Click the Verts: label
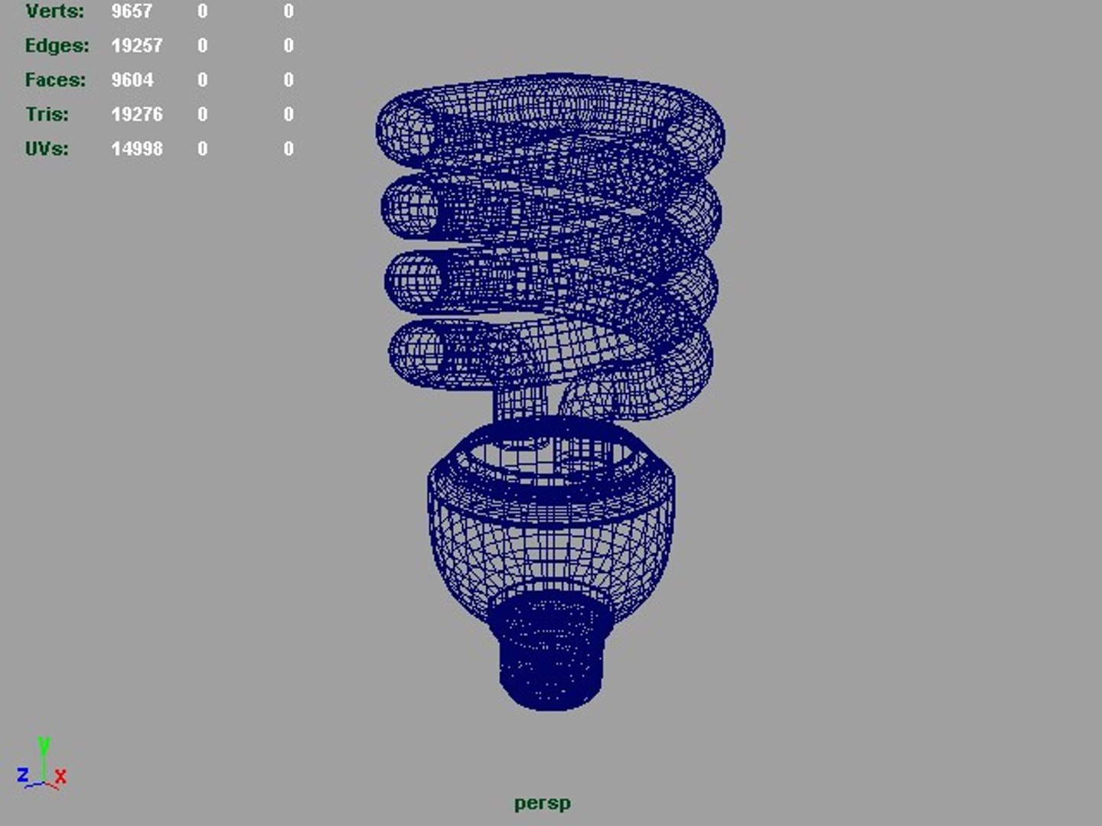[54, 11]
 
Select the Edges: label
[57, 46]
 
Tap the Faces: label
[55, 80]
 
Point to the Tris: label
[47, 115]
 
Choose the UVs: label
[47, 149]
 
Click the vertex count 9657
[132, 11]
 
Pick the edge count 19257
[137, 46]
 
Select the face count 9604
[132, 80]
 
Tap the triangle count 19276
[137, 115]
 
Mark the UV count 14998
[137, 149]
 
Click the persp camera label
[543, 804]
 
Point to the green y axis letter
[44, 744]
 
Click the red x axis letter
[60, 777]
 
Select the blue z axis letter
[23, 775]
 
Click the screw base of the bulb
[551, 654]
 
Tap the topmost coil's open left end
[406, 132]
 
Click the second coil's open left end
[409, 207]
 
